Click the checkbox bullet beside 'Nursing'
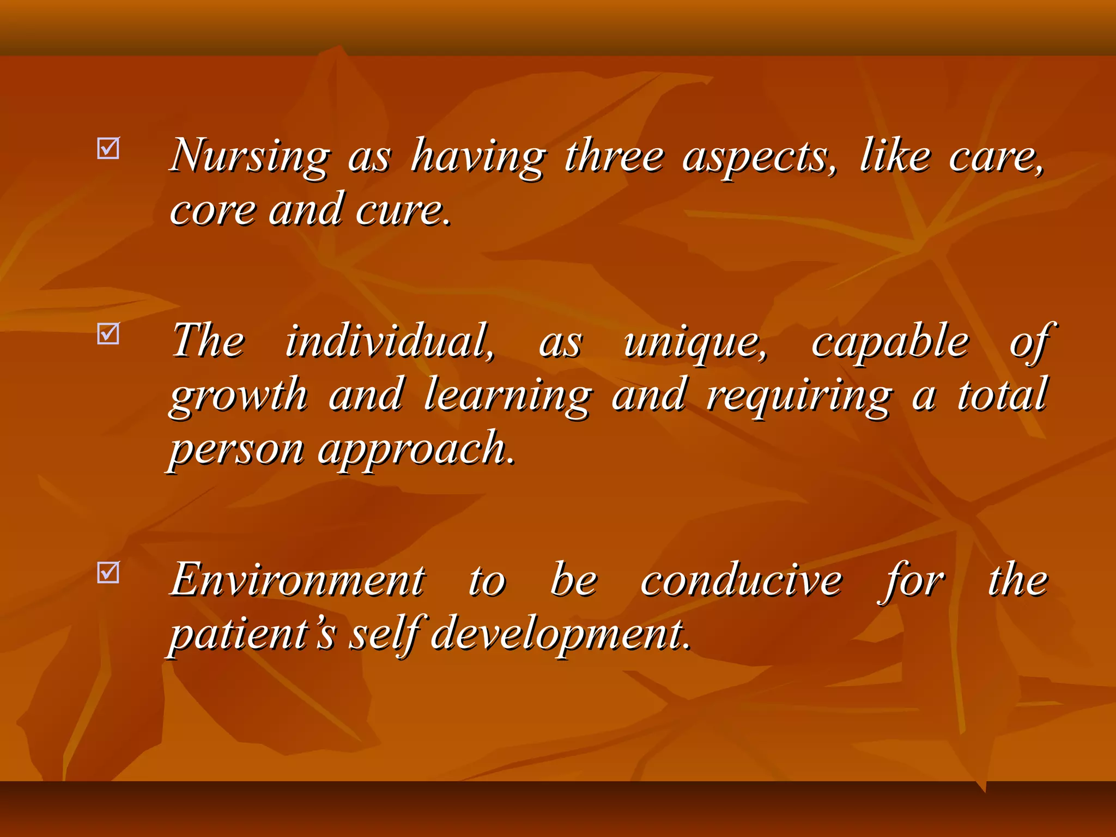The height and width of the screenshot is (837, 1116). [108, 148]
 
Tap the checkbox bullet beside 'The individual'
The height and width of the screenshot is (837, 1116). [108, 333]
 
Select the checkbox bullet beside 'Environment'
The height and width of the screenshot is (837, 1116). [108, 572]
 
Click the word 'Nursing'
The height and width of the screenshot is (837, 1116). [250, 156]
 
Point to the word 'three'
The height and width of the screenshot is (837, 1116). [614, 156]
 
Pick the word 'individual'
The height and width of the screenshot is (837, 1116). [390, 342]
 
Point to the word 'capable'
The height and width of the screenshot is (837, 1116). [890, 342]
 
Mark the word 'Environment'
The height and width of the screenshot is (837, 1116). [298, 580]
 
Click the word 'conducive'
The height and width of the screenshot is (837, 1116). [741, 580]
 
